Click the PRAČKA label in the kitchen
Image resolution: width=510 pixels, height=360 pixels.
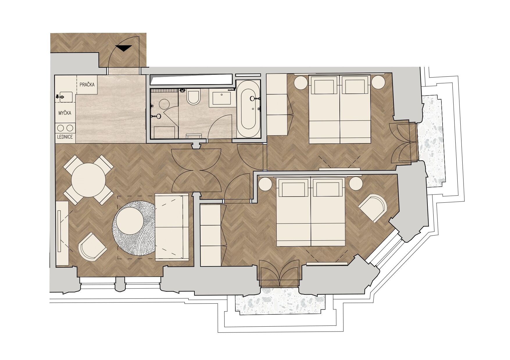click(87, 85)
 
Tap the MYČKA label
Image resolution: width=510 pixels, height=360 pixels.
click(65, 113)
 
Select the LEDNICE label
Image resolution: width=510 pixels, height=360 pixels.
click(65, 137)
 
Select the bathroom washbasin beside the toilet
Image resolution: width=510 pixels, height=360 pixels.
click(221, 98)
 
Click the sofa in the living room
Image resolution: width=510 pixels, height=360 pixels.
click(172, 227)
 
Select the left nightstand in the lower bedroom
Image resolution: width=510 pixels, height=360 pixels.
click(265, 184)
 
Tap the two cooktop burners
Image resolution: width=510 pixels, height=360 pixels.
click(65, 128)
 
